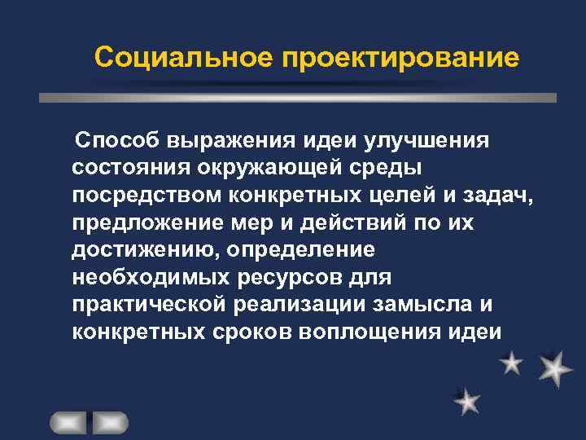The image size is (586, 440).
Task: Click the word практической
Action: point(153,306)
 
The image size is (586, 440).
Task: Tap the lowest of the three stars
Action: point(466,401)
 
